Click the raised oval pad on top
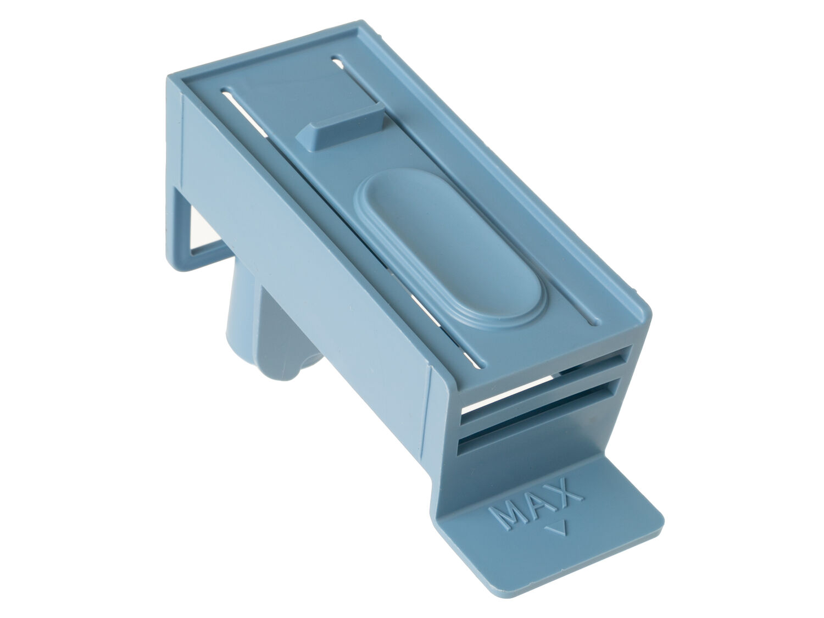click(450, 249)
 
